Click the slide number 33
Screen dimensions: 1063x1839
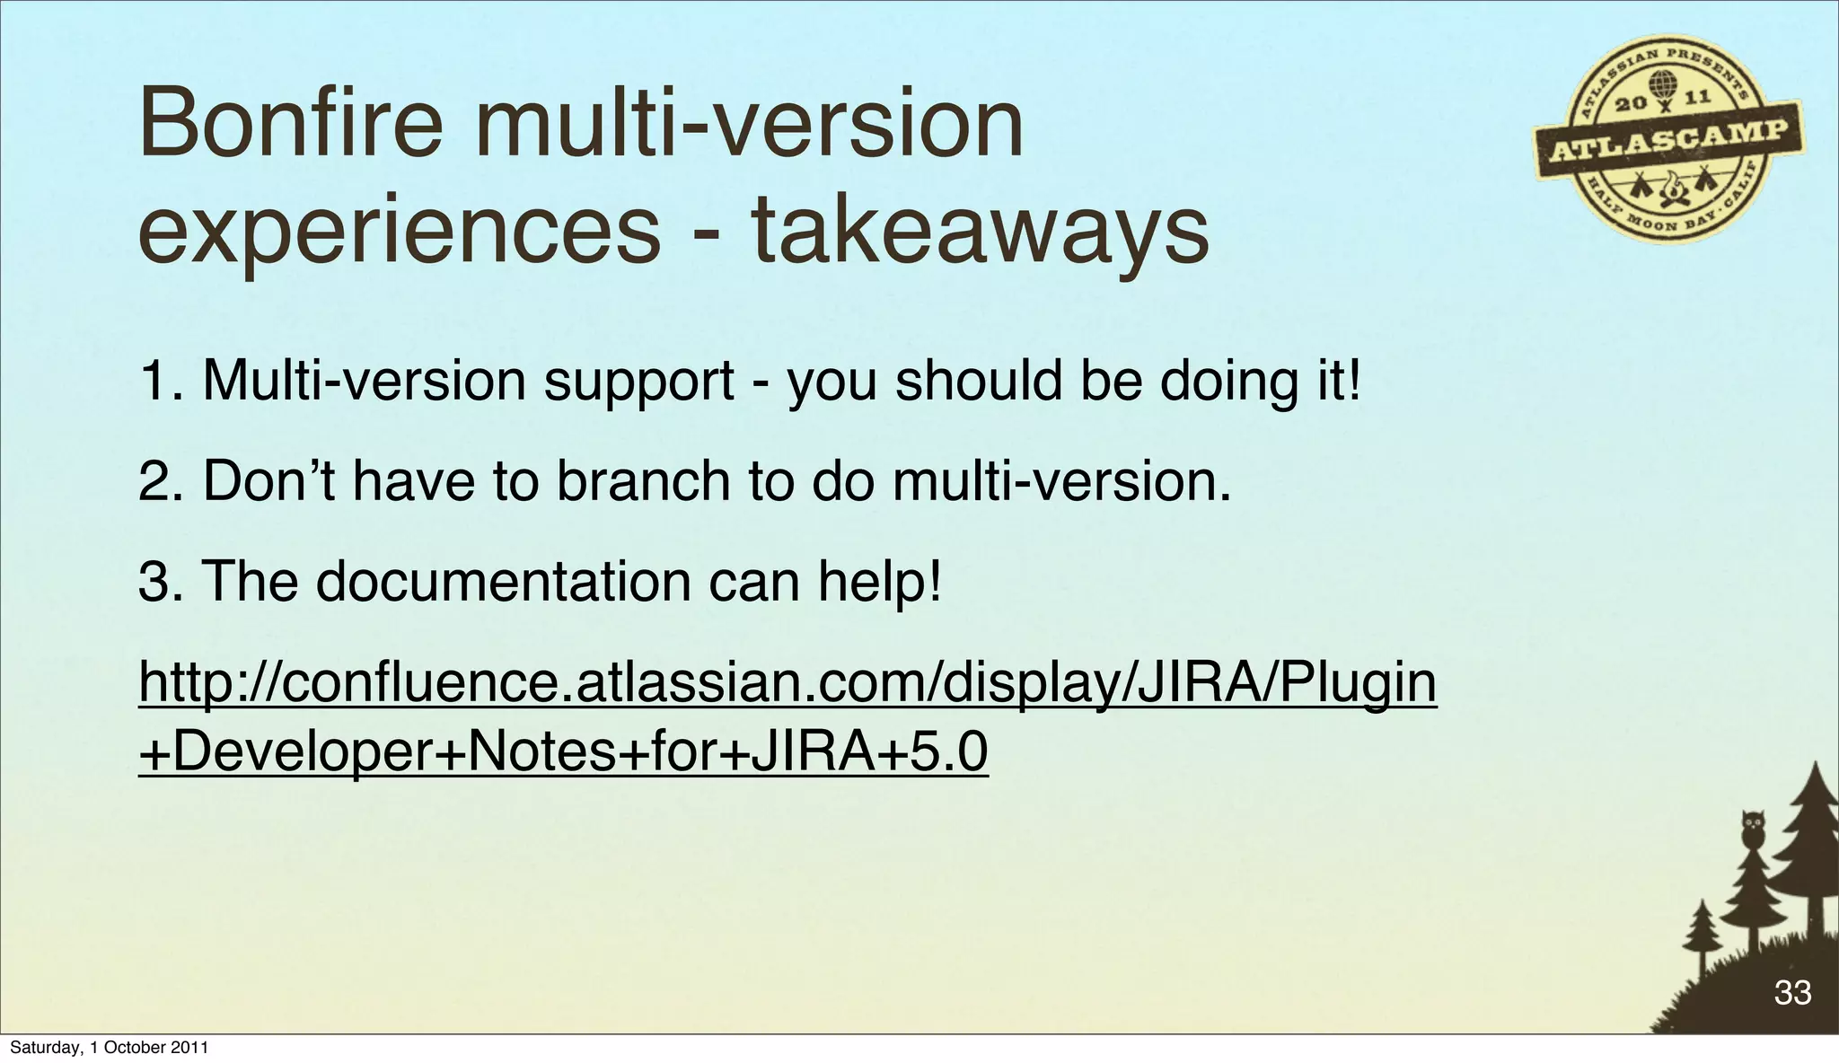1792,992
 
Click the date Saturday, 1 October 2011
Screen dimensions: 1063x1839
109,1048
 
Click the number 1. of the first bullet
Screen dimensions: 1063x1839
161,381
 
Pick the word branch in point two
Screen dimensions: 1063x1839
643,481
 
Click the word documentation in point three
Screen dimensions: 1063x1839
503,581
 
